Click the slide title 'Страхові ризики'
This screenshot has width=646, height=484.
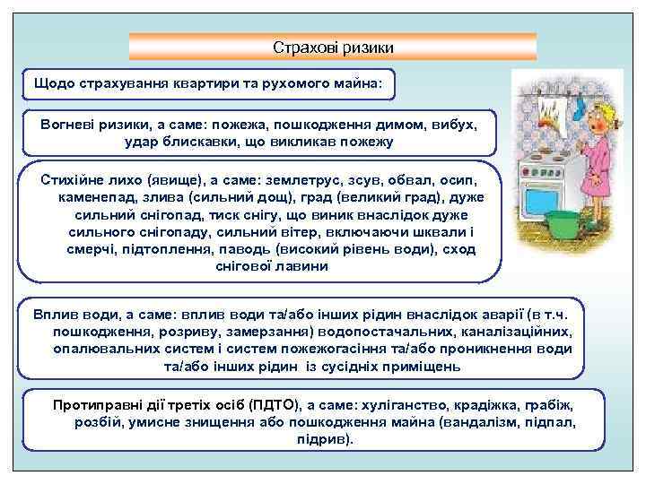pos(333,47)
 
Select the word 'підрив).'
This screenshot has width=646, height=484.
pos(325,439)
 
